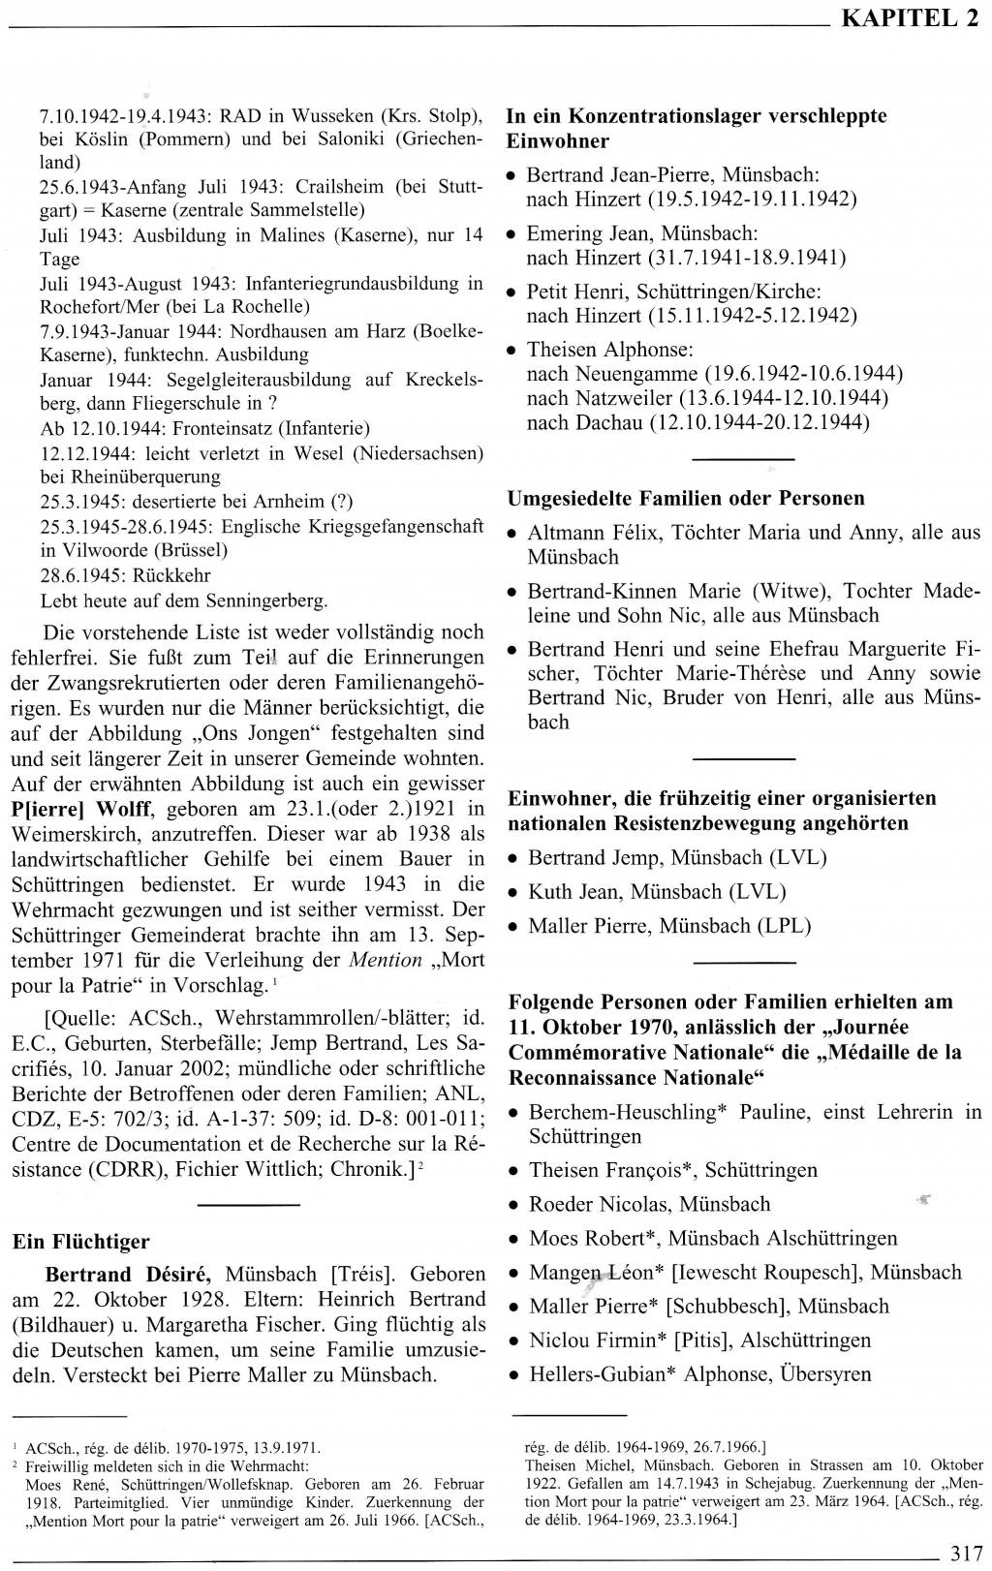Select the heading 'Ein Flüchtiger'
[x=81, y=1242]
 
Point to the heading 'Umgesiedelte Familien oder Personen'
[x=686, y=498]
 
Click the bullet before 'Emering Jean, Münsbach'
[x=511, y=234]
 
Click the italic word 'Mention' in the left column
[x=386, y=961]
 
